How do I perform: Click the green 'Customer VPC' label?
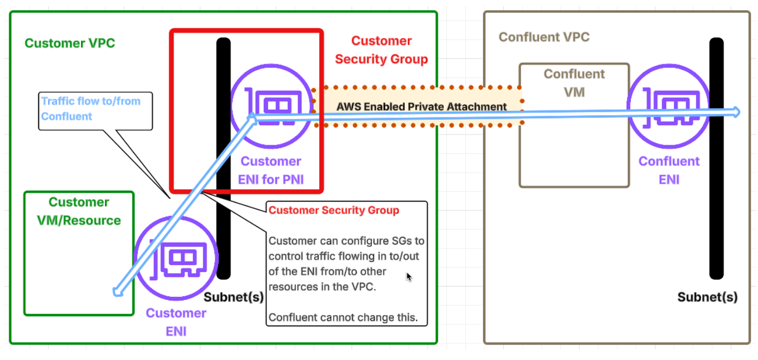(x=70, y=43)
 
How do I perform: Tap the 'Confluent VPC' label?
(x=544, y=37)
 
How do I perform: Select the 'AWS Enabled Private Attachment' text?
(x=421, y=107)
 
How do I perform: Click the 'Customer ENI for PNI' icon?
(x=272, y=106)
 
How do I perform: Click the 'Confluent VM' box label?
(x=574, y=82)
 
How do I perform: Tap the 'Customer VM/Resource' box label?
(x=79, y=211)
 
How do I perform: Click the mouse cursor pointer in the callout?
(x=409, y=277)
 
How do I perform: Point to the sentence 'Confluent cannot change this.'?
(x=343, y=317)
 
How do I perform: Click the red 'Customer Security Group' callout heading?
(x=333, y=210)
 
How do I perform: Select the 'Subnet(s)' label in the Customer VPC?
(x=234, y=297)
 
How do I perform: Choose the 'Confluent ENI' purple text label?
(x=669, y=170)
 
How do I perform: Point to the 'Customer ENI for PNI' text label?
(x=271, y=170)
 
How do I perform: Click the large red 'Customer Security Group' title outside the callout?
(x=381, y=50)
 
